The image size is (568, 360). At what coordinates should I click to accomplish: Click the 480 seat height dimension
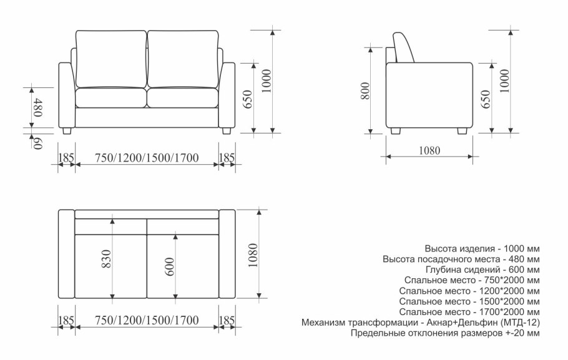(37, 107)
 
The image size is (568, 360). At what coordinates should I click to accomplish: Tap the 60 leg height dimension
(37, 144)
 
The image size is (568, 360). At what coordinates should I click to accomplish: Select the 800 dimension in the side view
(366, 91)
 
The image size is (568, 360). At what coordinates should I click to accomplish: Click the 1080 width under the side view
(429, 150)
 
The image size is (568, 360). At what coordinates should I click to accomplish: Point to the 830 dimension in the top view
(107, 258)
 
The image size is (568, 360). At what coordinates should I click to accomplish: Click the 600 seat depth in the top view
(170, 266)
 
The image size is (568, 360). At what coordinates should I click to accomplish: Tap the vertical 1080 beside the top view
(253, 255)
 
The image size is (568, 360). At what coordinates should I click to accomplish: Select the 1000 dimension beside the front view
(267, 81)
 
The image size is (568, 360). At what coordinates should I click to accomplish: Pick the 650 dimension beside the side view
(485, 99)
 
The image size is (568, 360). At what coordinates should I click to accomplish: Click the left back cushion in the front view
(111, 59)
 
